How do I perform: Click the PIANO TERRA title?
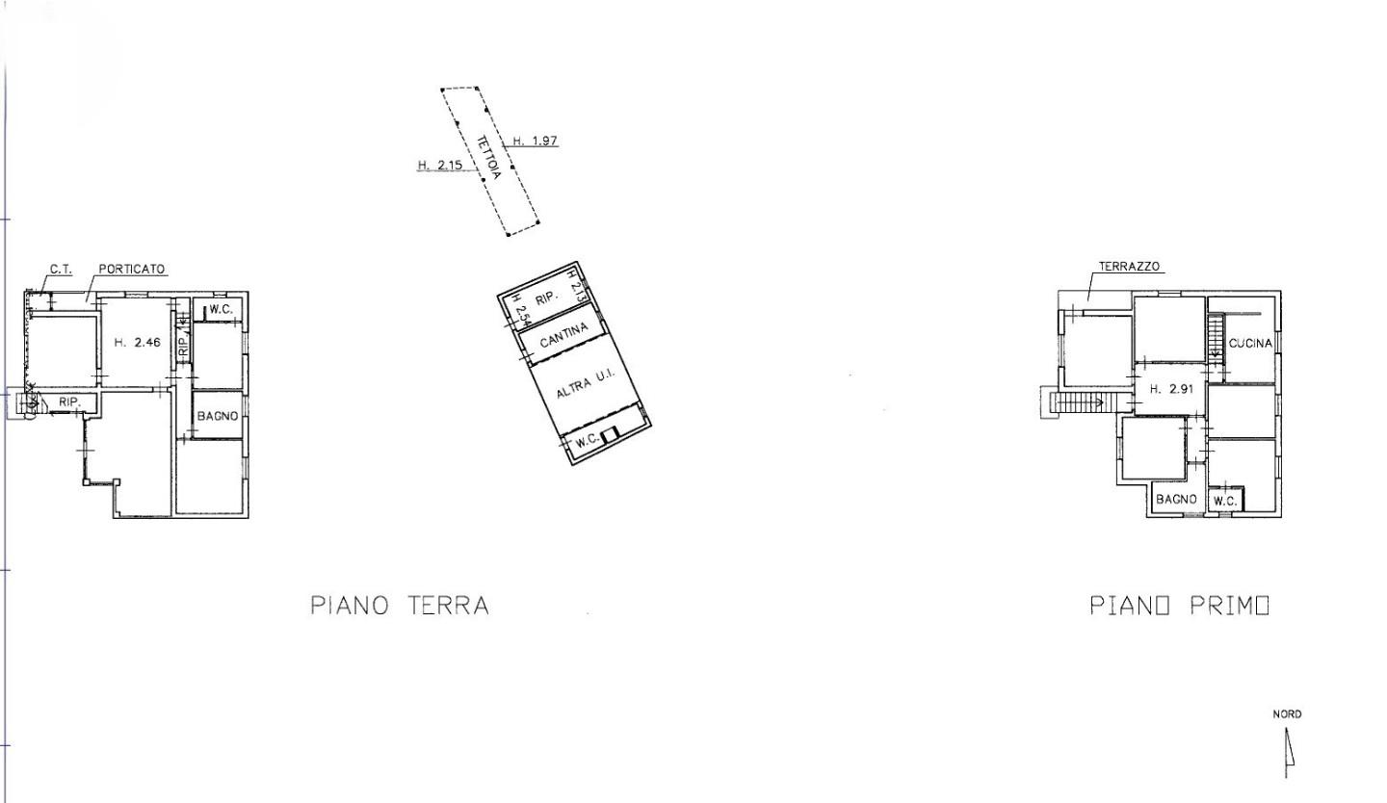(400, 606)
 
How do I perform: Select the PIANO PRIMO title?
(1179, 606)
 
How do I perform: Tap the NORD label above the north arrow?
(1287, 714)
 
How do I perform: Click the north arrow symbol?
(1288, 751)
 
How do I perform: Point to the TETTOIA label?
(488, 157)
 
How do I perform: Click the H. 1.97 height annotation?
(535, 141)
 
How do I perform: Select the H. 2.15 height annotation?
(440, 165)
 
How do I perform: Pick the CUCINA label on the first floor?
(1250, 344)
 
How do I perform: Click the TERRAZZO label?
(1129, 267)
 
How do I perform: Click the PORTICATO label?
(132, 270)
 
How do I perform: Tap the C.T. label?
(61, 270)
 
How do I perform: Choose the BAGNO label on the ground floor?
(217, 416)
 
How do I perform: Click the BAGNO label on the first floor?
(1176, 500)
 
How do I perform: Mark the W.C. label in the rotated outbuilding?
(587, 442)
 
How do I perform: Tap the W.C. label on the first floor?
(1225, 501)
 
